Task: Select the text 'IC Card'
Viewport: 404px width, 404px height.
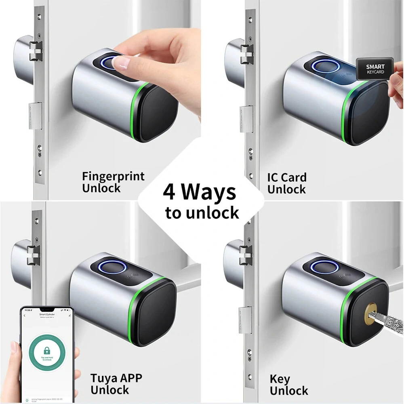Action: pyautogui.click(x=286, y=177)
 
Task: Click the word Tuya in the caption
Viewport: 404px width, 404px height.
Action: pyautogui.click(x=105, y=379)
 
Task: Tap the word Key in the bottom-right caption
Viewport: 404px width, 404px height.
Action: pyautogui.click(x=280, y=379)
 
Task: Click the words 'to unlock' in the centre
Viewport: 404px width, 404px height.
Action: pyautogui.click(x=202, y=213)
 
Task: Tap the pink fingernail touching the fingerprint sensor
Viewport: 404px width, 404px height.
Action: pyautogui.click(x=121, y=63)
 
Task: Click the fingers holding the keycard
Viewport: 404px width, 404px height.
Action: pyautogui.click(x=394, y=87)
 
